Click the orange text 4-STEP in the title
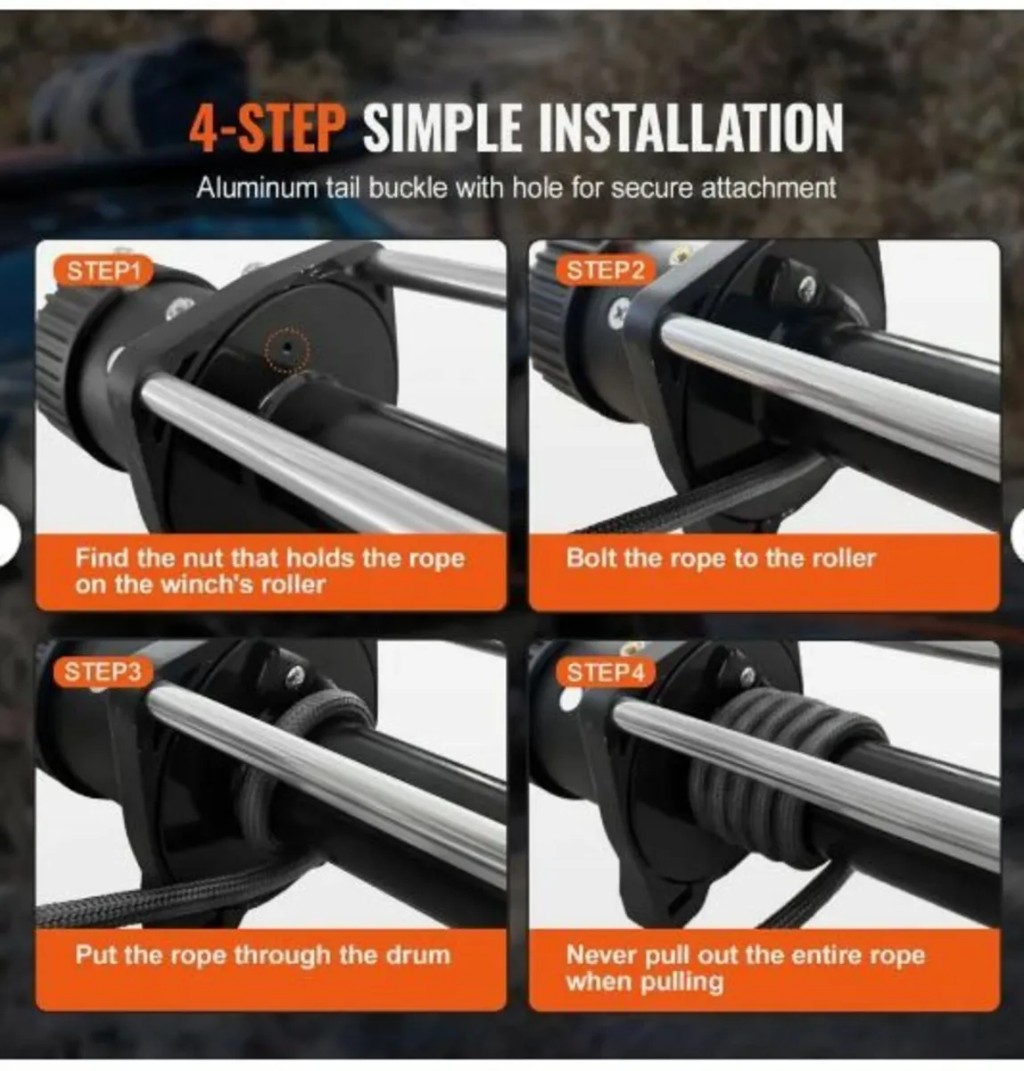coord(265,129)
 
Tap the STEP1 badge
coord(103,271)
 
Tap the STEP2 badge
coord(605,270)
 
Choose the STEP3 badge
coord(103,672)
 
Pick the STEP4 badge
coord(605,672)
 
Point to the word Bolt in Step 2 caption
coord(591,559)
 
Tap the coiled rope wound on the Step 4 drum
coord(758,776)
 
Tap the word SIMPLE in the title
coord(442,129)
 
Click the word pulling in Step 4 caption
coord(682,982)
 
